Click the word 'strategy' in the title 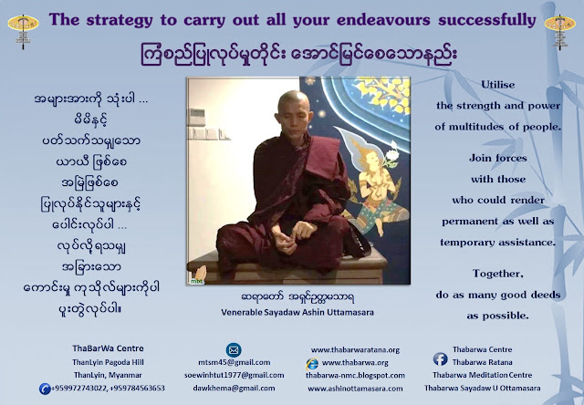click(x=120, y=20)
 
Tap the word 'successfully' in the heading click(x=486, y=20)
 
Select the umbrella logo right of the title click(x=559, y=32)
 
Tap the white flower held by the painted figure click(x=391, y=154)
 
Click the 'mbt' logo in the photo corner click(x=197, y=276)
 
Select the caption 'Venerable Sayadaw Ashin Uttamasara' click(x=297, y=312)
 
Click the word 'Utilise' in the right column click(x=497, y=85)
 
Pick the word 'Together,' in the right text click(x=498, y=274)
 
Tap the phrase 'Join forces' click(x=498, y=158)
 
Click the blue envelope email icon click(x=234, y=350)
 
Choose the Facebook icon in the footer click(x=440, y=358)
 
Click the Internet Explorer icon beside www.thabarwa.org click(x=312, y=363)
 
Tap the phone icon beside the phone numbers click(x=45, y=389)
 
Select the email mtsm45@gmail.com click(x=235, y=362)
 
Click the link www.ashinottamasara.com click(x=355, y=389)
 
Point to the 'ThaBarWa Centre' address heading click(x=108, y=348)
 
